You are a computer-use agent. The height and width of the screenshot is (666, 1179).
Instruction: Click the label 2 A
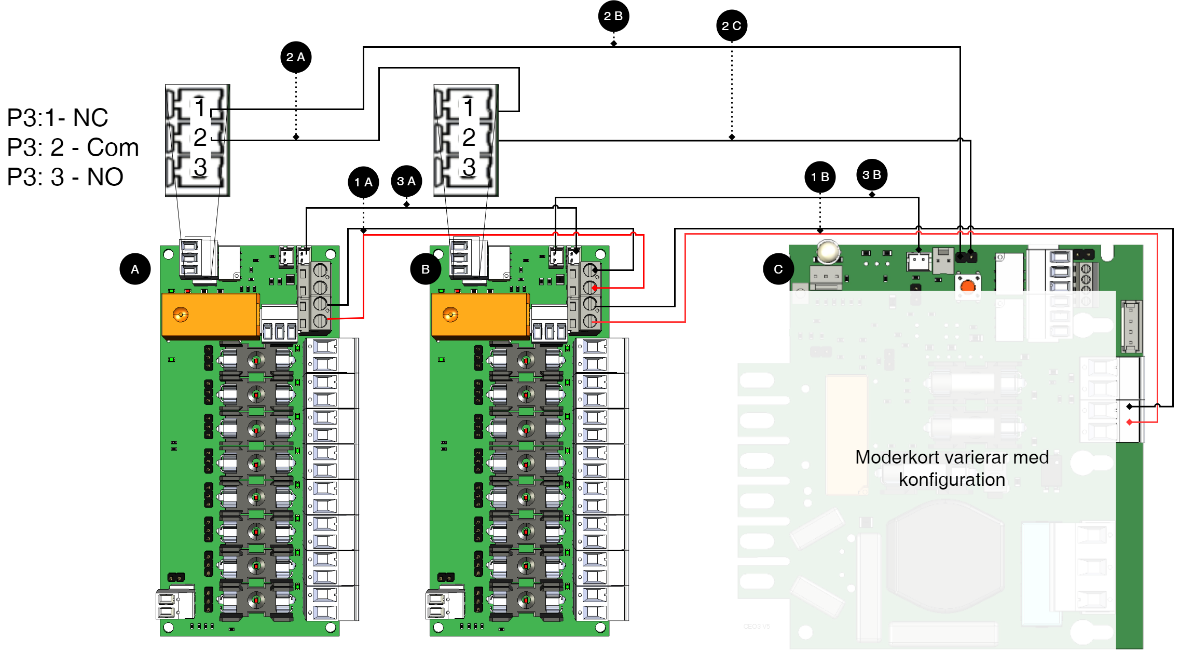[295, 57]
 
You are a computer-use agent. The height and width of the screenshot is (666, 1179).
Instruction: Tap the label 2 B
[613, 16]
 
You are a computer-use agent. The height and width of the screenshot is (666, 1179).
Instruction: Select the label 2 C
[731, 26]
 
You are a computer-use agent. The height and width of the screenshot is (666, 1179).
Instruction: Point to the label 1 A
[363, 182]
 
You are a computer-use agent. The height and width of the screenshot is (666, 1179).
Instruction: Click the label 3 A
[406, 181]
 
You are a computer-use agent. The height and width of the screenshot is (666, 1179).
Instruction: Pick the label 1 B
[820, 177]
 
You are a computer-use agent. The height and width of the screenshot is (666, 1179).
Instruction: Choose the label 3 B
[871, 175]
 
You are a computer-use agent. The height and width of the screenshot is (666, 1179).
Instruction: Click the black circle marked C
[778, 269]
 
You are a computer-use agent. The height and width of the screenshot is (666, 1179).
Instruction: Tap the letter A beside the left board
[135, 269]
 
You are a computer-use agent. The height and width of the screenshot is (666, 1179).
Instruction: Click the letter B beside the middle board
[426, 269]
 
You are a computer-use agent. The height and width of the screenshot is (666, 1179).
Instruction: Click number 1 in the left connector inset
[200, 108]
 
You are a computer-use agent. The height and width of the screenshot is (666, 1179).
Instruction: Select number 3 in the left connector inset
[200, 167]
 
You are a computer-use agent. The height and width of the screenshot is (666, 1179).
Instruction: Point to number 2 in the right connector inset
[469, 137]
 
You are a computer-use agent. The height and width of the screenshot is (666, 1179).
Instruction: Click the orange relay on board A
[210, 315]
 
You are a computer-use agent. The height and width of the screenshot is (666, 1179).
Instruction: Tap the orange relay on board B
[480, 315]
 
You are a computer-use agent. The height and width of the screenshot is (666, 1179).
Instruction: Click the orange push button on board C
[968, 287]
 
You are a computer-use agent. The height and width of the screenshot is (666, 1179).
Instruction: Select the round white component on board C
[828, 252]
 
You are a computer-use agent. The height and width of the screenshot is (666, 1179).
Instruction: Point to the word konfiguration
[952, 480]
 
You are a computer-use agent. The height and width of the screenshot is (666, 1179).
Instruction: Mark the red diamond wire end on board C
[1129, 422]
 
